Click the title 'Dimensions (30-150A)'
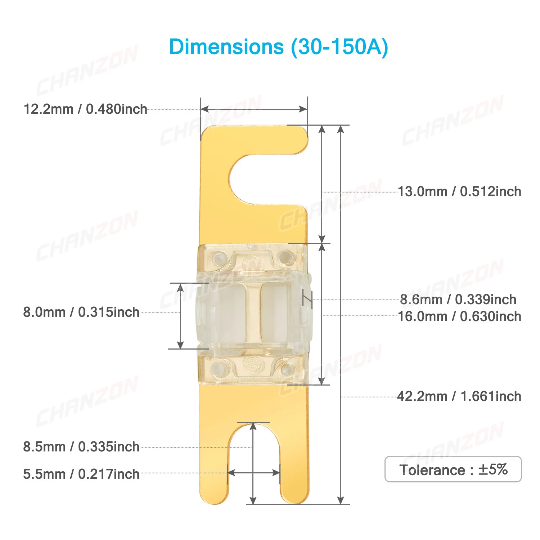click(278, 47)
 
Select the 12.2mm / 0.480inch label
click(85, 109)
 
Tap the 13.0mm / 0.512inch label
click(459, 192)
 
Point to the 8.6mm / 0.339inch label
click(458, 299)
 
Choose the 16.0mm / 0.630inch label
click(459, 316)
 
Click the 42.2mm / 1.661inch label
click(459, 396)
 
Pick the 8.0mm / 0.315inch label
click(81, 312)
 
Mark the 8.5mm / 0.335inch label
click(81, 447)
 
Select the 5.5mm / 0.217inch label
click(81, 474)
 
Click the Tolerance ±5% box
click(453, 469)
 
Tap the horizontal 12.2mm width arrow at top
click(253, 109)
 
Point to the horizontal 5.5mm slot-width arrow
click(253, 473)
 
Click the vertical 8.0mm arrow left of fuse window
click(181, 316)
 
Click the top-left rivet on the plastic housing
click(219, 258)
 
